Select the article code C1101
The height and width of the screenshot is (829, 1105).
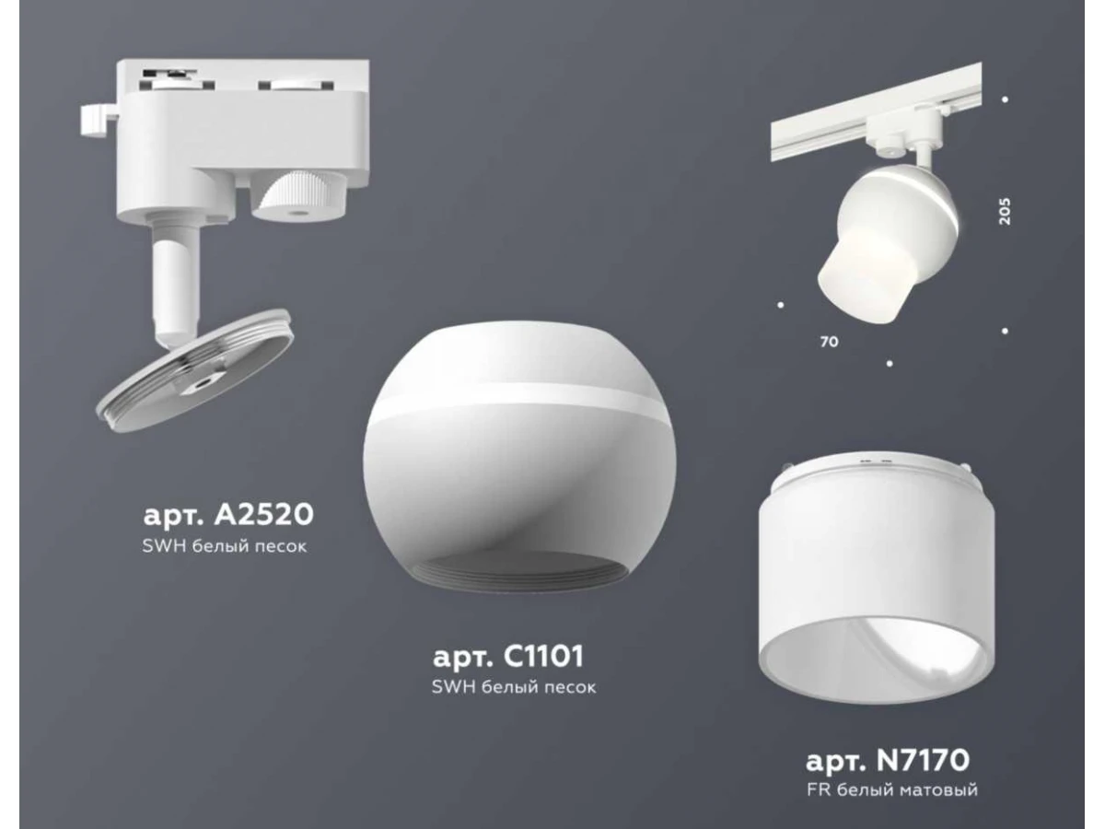tap(543, 657)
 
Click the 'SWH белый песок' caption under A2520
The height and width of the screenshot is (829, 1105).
tap(225, 546)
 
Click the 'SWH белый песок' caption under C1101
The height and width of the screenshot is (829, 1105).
tap(514, 687)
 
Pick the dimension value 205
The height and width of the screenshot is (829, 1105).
tap(1004, 212)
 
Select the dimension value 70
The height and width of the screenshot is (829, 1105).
tap(829, 342)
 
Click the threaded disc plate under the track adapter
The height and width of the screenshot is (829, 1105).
tap(195, 370)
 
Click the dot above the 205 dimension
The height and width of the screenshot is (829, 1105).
tap(1006, 99)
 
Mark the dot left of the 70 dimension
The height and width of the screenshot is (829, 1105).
tap(781, 305)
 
